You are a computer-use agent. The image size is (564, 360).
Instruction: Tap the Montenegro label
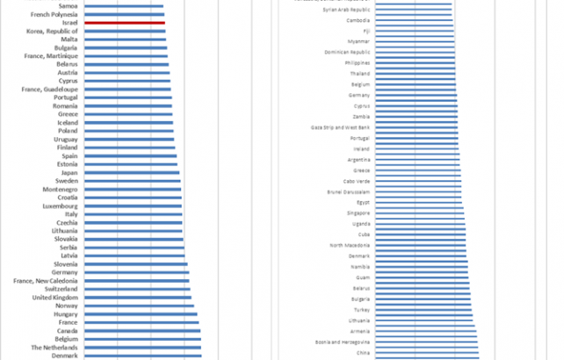58,190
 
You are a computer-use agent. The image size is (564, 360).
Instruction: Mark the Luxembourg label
59,206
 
